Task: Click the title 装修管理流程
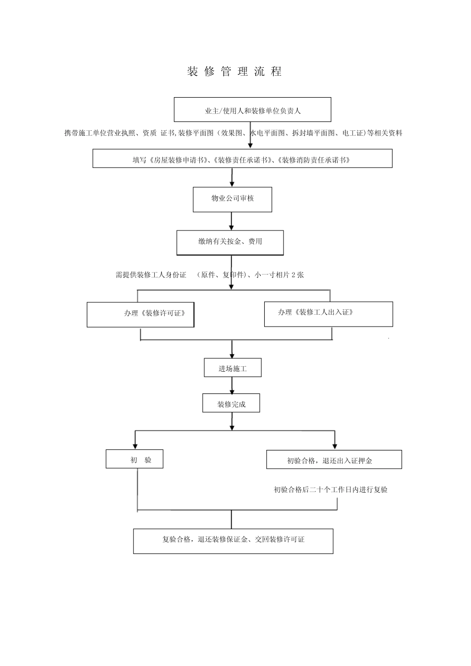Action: tap(235, 71)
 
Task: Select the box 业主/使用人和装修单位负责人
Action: tap(252, 110)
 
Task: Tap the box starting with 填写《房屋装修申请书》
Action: tap(242, 159)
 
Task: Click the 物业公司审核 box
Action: tap(232, 199)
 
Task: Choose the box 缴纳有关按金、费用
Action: tap(230, 242)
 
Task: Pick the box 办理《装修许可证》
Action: tap(140, 314)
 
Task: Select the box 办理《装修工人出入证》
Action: tap(328, 314)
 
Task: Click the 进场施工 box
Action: tap(233, 368)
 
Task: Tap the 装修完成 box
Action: tap(231, 403)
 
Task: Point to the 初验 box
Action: tap(134, 459)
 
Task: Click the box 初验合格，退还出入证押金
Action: tap(334, 459)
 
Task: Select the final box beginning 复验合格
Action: tap(233, 541)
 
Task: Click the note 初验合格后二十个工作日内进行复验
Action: tap(330, 490)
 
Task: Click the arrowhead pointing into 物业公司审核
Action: tap(232, 184)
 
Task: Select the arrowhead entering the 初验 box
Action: tap(135, 446)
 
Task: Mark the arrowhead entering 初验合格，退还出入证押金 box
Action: tap(335, 446)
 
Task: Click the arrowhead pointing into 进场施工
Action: tap(232, 356)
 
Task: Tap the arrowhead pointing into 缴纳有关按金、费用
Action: tap(231, 227)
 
